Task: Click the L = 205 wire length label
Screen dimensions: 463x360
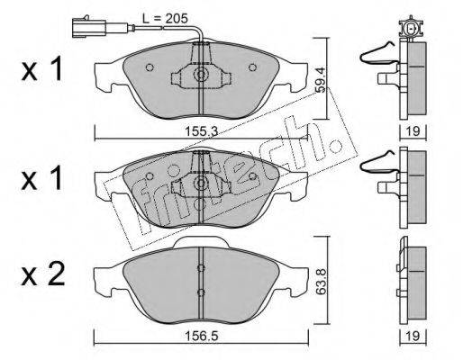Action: tap(165, 19)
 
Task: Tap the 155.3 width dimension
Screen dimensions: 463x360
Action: tap(201, 130)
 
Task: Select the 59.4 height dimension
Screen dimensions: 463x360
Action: tap(321, 79)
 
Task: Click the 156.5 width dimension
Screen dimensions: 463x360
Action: tap(201, 336)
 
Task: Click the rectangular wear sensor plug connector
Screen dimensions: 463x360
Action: tap(89, 28)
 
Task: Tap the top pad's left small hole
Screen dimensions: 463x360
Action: tap(150, 67)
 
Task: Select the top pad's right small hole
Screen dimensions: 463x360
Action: tap(252, 67)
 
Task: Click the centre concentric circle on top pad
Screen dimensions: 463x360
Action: tap(200, 74)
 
